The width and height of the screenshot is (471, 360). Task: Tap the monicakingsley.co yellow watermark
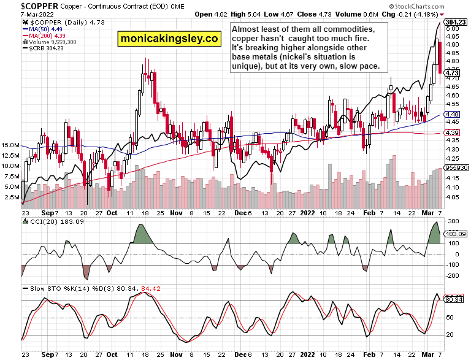[x=169, y=38]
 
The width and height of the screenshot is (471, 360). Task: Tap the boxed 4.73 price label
[x=453, y=73]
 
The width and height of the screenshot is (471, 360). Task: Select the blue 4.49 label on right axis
[x=453, y=115]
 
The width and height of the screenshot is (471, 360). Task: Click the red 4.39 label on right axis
[x=453, y=133]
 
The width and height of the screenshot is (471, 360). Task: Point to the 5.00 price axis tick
[x=453, y=28]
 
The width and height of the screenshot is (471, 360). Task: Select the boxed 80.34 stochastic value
[x=454, y=299]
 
